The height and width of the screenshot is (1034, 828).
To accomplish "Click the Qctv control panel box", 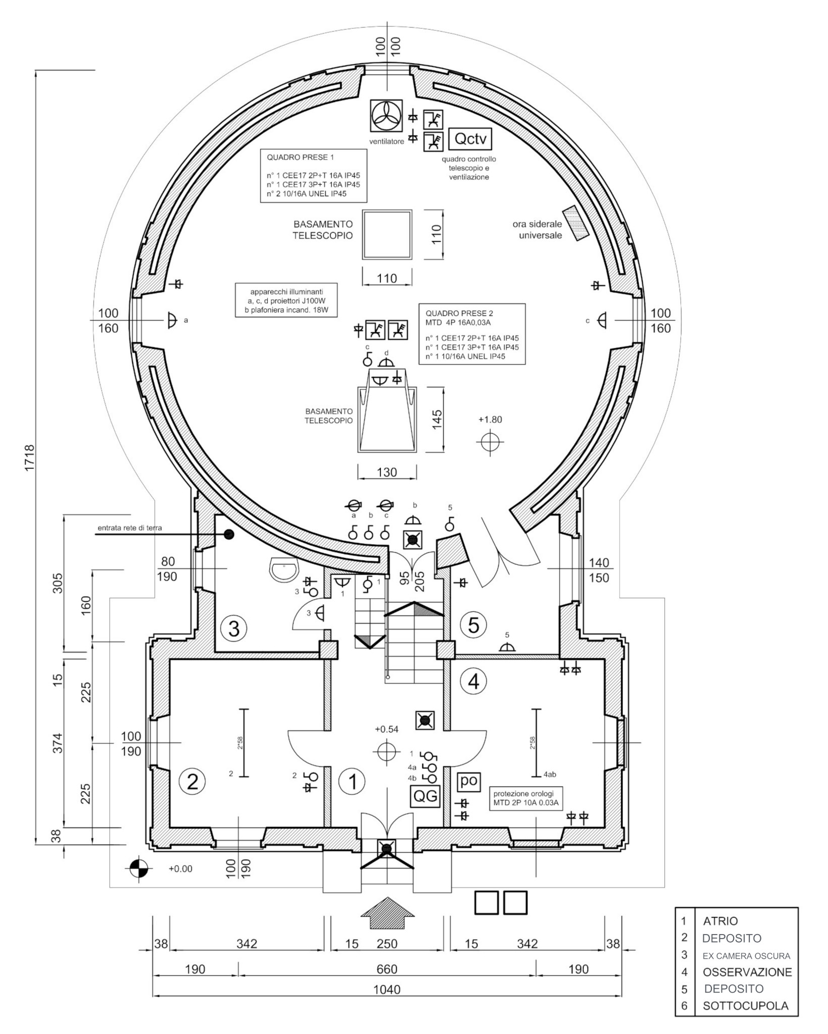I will point(470,138).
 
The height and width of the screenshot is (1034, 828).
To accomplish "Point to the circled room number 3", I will point(234,629).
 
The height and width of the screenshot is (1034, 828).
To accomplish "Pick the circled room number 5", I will point(473,625).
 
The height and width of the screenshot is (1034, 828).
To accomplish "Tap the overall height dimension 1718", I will point(29,458).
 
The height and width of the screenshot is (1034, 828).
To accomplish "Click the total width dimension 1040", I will point(386,1003).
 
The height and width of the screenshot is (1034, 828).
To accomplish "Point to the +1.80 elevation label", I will point(490,420).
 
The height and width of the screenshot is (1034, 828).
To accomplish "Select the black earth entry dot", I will point(229,534).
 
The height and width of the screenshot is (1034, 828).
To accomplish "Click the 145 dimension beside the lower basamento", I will point(437,419).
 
